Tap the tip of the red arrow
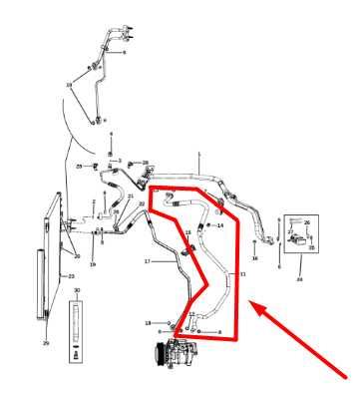point(250,308)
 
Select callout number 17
point(147,262)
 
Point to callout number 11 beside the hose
point(242,273)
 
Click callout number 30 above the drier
point(77,291)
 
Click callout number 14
point(220,225)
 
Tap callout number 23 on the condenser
point(71,275)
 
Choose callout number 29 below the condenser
point(45,342)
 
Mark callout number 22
point(142,203)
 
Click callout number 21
point(130,197)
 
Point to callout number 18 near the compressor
point(148,323)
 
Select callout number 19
point(93,265)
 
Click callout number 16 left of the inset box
point(254,258)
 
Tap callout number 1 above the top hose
point(199,155)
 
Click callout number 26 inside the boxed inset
point(307,223)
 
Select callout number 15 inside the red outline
point(187,232)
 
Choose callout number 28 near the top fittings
point(146,163)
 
